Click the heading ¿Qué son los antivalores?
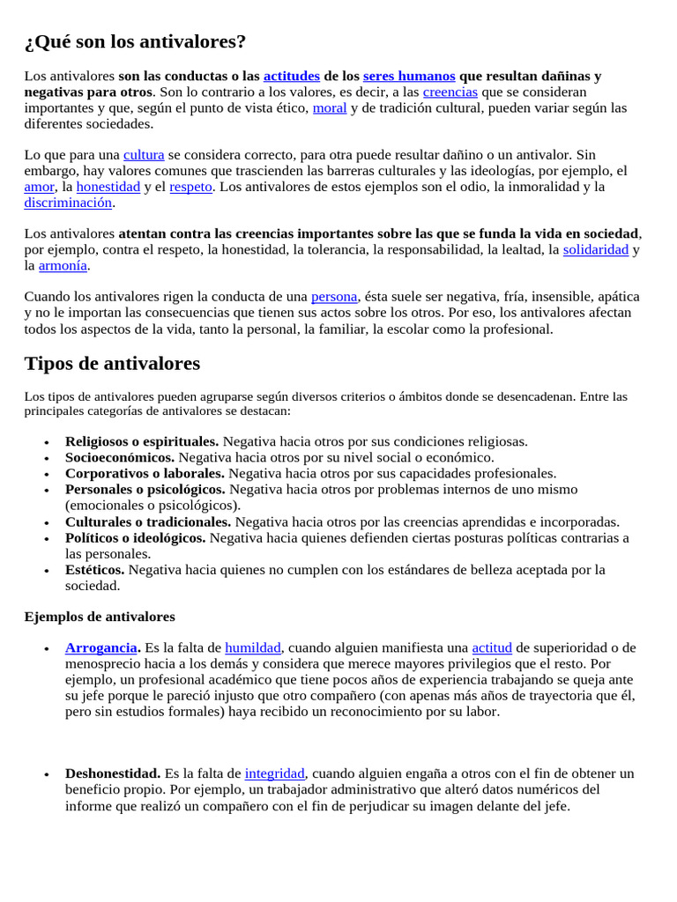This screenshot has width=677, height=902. [x=135, y=41]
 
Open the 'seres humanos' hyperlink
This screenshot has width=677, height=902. [x=409, y=76]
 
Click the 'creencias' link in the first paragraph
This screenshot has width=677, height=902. [x=450, y=92]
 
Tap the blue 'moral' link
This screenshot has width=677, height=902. [x=330, y=107]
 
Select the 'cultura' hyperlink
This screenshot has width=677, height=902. [x=144, y=154]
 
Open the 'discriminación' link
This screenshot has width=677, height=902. [x=68, y=202]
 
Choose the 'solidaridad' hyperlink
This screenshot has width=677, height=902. [x=595, y=249]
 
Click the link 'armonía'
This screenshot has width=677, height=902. [x=63, y=265]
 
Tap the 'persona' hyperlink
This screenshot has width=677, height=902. [x=334, y=296]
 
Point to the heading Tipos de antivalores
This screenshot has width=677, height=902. [x=112, y=363]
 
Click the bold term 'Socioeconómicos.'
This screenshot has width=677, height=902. [x=120, y=457]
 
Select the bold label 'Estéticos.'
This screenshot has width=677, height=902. [x=94, y=569]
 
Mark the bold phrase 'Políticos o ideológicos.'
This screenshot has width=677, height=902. [x=136, y=537]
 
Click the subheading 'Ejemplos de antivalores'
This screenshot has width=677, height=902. [x=100, y=617]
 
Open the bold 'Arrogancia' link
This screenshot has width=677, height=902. [x=101, y=647]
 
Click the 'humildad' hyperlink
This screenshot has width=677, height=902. [x=253, y=647]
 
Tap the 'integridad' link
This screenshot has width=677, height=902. [x=274, y=773]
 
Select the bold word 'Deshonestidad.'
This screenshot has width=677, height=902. [x=113, y=773]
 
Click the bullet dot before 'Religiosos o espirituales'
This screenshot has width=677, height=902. [x=46, y=442]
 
